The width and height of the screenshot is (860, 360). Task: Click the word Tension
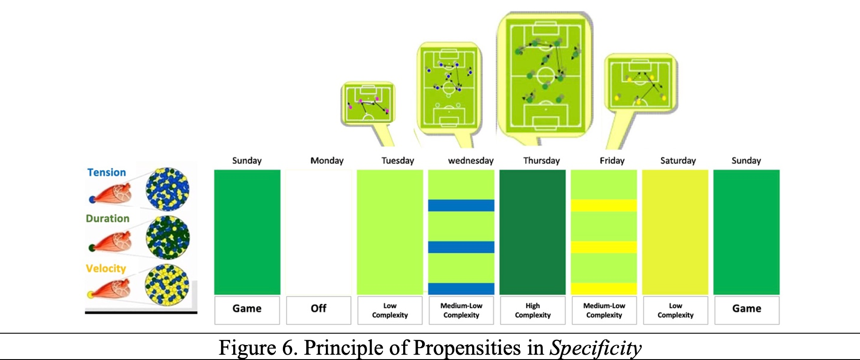pyautogui.click(x=106, y=172)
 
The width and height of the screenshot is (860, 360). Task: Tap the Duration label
pyautogui.click(x=108, y=218)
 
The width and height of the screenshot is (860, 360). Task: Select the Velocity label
pyautogui.click(x=106, y=268)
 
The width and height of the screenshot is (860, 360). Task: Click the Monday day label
pyautogui.click(x=327, y=161)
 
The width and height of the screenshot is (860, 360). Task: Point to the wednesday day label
pyautogui.click(x=470, y=161)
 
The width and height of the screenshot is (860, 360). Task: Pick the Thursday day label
pyautogui.click(x=542, y=161)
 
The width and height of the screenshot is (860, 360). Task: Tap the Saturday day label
pyautogui.click(x=678, y=161)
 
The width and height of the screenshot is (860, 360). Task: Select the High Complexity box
pyautogui.click(x=533, y=310)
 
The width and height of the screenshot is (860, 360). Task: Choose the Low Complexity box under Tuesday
pyautogui.click(x=390, y=310)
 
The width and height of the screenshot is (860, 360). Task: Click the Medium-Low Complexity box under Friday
pyautogui.click(x=604, y=310)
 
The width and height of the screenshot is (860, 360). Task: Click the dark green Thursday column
pyautogui.click(x=532, y=232)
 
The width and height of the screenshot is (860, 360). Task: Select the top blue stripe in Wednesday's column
pyautogui.click(x=461, y=205)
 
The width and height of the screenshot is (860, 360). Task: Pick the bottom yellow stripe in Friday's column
pyautogui.click(x=603, y=288)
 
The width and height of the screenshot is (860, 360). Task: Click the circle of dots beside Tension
pyautogui.click(x=167, y=189)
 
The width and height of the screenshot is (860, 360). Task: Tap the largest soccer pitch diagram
pyautogui.click(x=545, y=76)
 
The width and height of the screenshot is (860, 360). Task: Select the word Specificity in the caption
pyautogui.click(x=596, y=348)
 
